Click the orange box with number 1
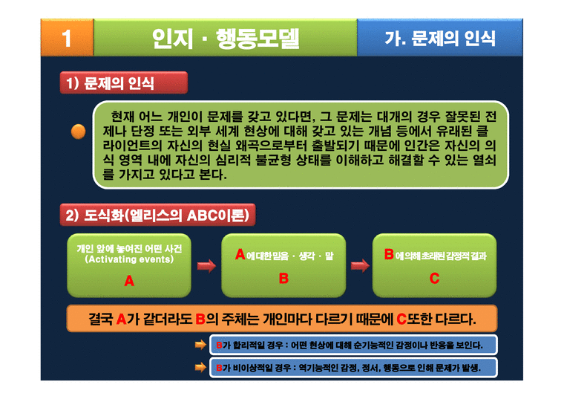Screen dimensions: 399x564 [x=66, y=38]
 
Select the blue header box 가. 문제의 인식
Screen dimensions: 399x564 [x=440, y=38]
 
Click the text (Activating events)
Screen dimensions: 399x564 [x=129, y=259]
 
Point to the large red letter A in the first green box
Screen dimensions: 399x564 [x=129, y=282]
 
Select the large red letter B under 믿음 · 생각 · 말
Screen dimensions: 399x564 [x=283, y=279]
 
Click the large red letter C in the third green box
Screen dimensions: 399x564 [x=435, y=279]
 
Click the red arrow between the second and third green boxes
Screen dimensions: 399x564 [x=360, y=265]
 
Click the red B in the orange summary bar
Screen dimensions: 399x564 [x=200, y=319]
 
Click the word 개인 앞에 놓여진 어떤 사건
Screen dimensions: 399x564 [x=129, y=247]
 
